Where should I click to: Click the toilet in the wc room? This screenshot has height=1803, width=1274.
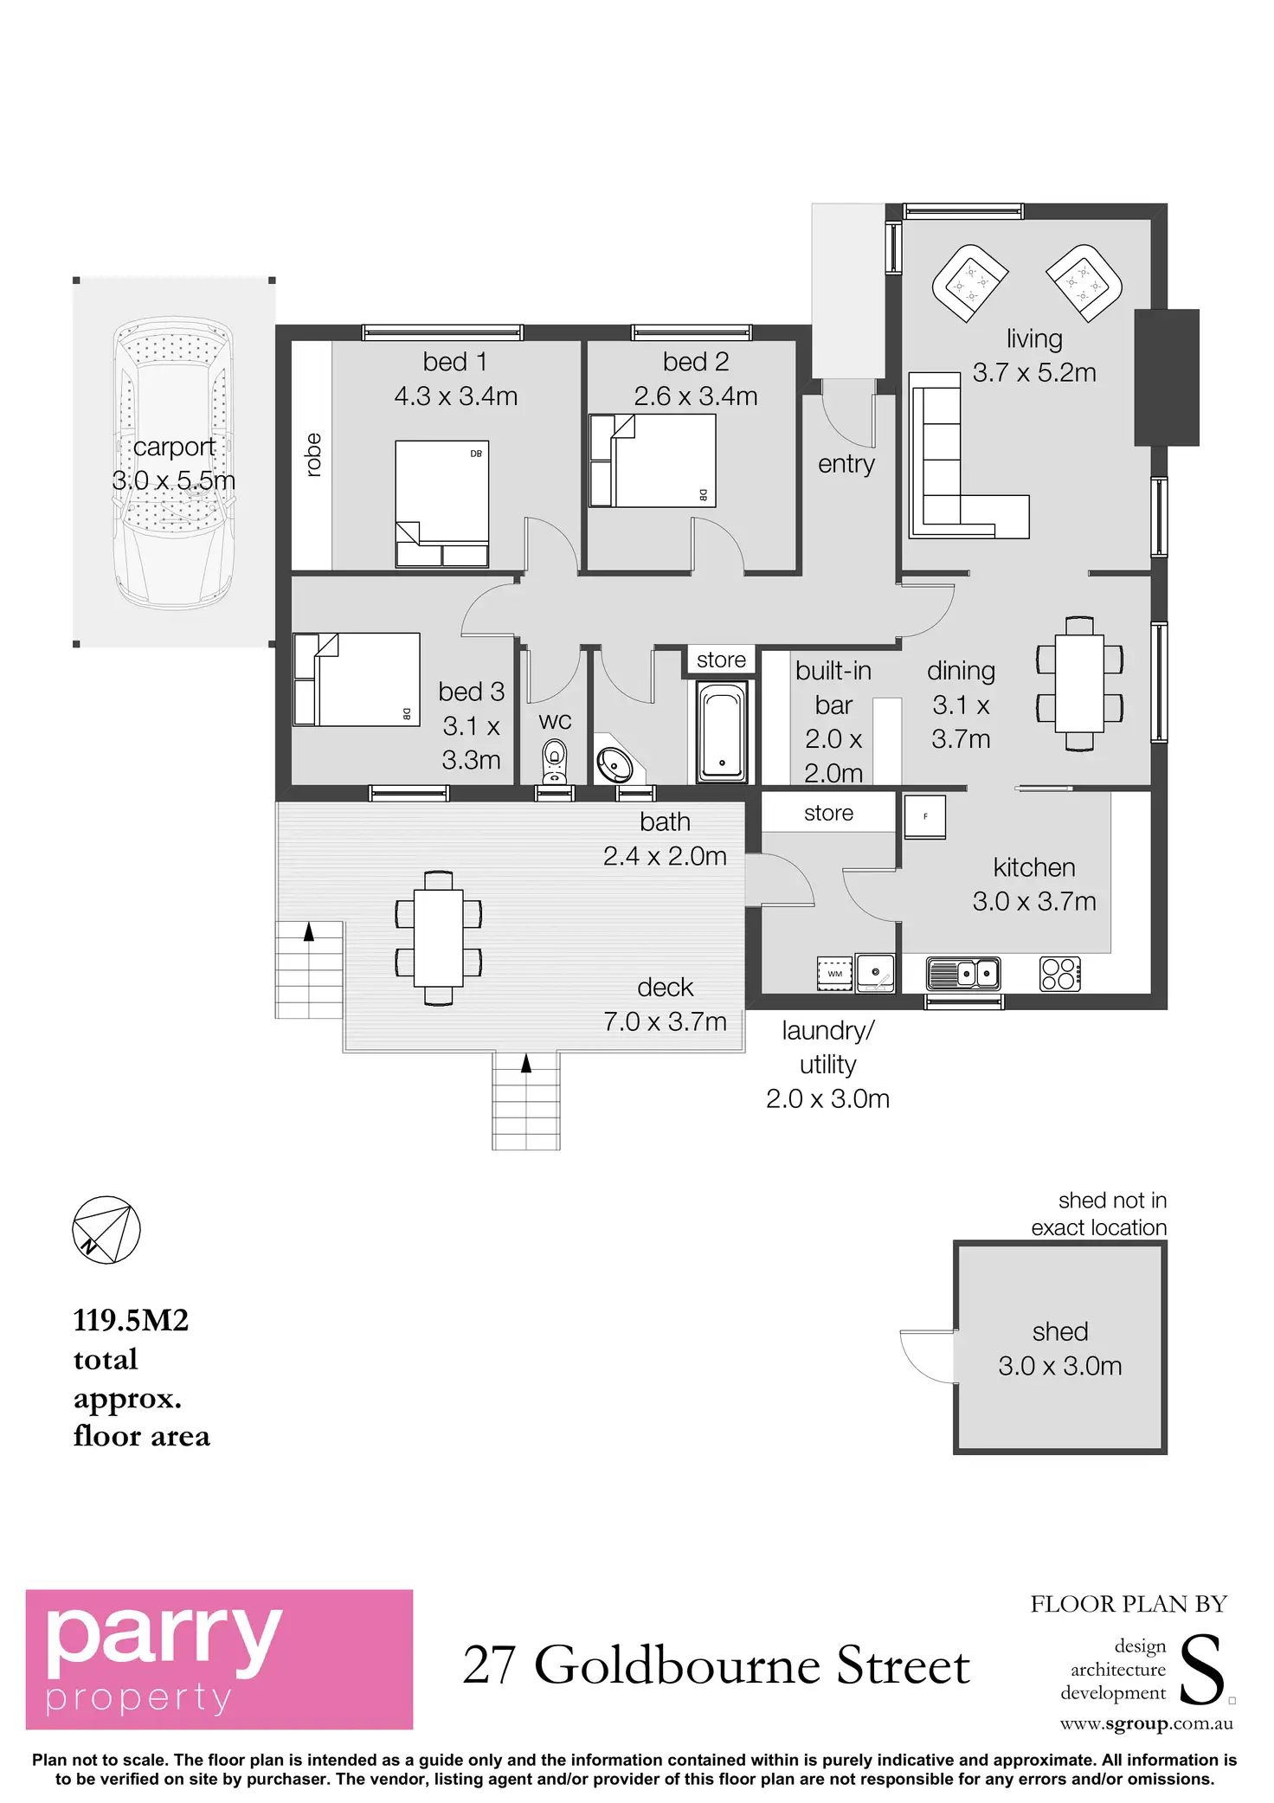coord(555,762)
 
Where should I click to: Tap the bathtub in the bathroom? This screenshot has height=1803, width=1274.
coord(722,731)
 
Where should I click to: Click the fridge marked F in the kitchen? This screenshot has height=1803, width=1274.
coord(924,816)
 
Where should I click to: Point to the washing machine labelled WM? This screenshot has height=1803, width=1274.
coord(834,974)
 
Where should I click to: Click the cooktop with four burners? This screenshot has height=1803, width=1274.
coord(1059,974)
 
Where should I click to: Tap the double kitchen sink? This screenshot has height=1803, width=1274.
coord(963,974)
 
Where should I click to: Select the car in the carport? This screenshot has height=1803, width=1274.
coord(174,463)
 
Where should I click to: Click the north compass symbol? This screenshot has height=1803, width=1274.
coord(106,1229)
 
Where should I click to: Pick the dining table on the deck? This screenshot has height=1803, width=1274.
coord(438,937)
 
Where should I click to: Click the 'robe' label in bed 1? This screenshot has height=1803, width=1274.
coord(313,454)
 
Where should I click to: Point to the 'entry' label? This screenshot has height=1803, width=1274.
coord(846,464)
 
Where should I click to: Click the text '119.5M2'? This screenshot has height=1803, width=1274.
coord(131,1320)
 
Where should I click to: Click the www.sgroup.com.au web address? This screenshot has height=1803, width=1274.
coord(1146,1723)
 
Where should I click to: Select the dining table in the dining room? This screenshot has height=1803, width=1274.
coord(1079,683)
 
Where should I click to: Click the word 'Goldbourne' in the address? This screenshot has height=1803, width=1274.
coord(677,1665)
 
